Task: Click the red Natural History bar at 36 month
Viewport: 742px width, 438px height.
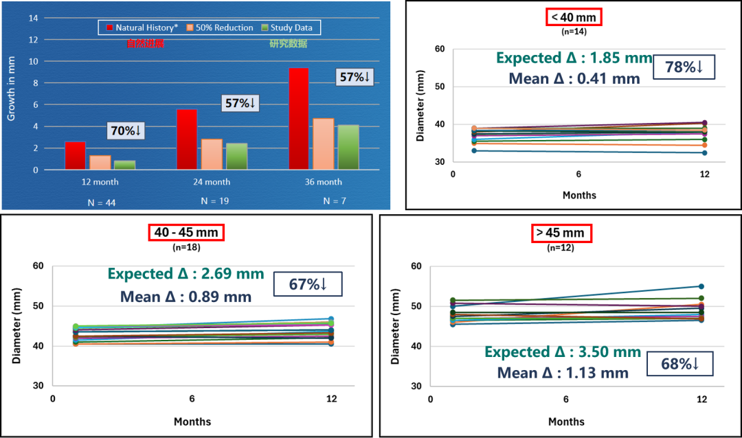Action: [299, 118]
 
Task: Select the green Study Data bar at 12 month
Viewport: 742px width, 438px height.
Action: [124, 165]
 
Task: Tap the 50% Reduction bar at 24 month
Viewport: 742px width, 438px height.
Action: [212, 154]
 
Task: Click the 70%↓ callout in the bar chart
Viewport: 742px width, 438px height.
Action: [126, 130]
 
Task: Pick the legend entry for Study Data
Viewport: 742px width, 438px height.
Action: [286, 27]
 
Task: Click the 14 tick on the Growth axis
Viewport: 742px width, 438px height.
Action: [33, 18]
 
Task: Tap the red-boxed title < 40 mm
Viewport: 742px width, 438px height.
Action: [574, 17]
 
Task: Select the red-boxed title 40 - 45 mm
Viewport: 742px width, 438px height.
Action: [186, 232]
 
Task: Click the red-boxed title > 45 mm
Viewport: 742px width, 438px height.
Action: [562, 233]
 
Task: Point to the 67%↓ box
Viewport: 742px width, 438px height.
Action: [307, 284]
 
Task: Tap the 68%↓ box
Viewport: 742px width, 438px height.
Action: [679, 363]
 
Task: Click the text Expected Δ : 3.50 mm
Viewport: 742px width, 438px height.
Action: [563, 352]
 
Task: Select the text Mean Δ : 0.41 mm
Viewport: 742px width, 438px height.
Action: [574, 78]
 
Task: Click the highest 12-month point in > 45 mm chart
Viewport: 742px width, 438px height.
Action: [701, 286]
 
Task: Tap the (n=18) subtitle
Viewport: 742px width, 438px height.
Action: [186, 247]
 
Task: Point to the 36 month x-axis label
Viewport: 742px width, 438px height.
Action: [323, 182]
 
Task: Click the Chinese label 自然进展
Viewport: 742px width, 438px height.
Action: [145, 44]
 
